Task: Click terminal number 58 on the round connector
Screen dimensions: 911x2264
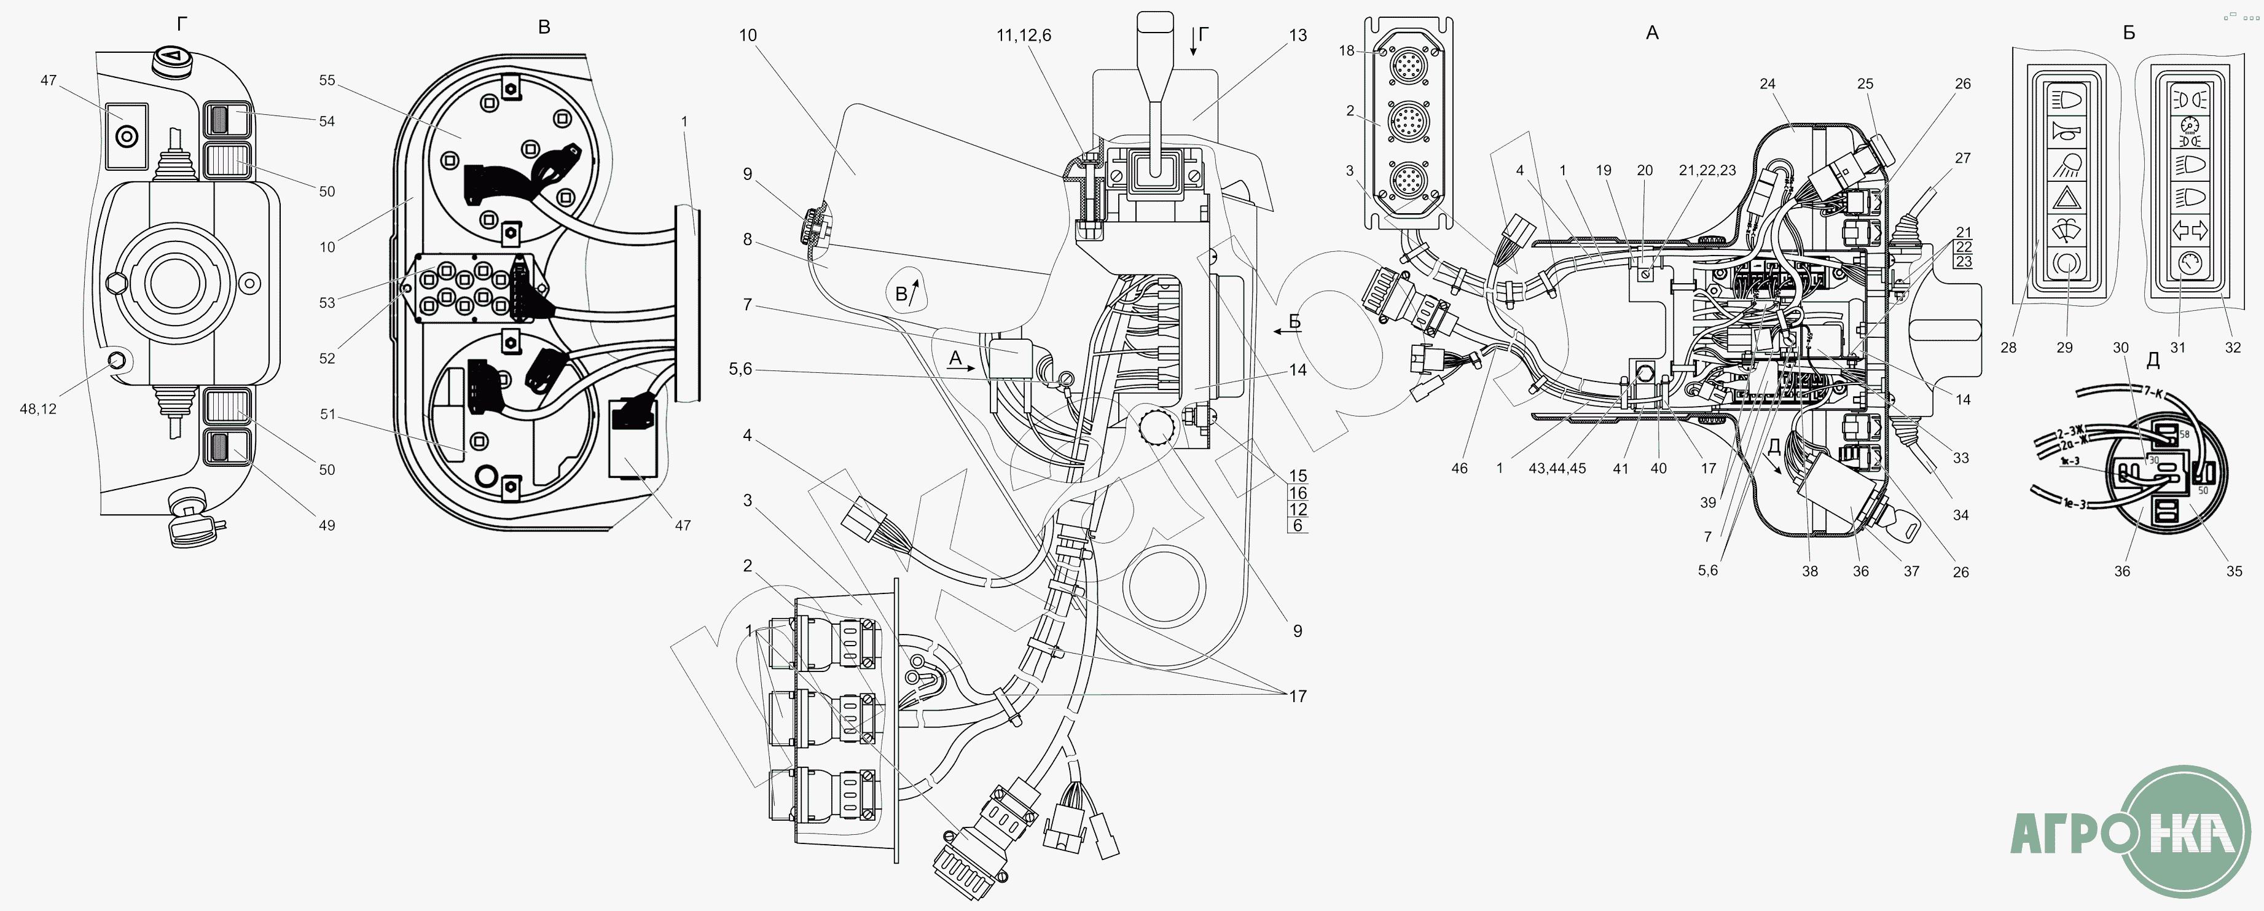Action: pyautogui.click(x=2185, y=433)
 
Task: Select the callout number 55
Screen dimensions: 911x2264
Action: pyautogui.click(x=327, y=80)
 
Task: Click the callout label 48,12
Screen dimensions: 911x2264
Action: pyautogui.click(x=38, y=409)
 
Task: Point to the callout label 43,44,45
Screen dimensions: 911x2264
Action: pyautogui.click(x=1557, y=468)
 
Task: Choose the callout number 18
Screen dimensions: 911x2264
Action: pyautogui.click(x=1347, y=51)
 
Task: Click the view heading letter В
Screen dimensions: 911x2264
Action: pyautogui.click(x=544, y=27)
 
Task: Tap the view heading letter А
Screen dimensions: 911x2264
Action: pyautogui.click(x=1652, y=33)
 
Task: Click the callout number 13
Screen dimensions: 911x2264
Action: pyautogui.click(x=1298, y=35)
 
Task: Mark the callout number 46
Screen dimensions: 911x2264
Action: pyautogui.click(x=1459, y=468)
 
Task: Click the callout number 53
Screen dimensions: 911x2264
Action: pyautogui.click(x=327, y=303)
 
